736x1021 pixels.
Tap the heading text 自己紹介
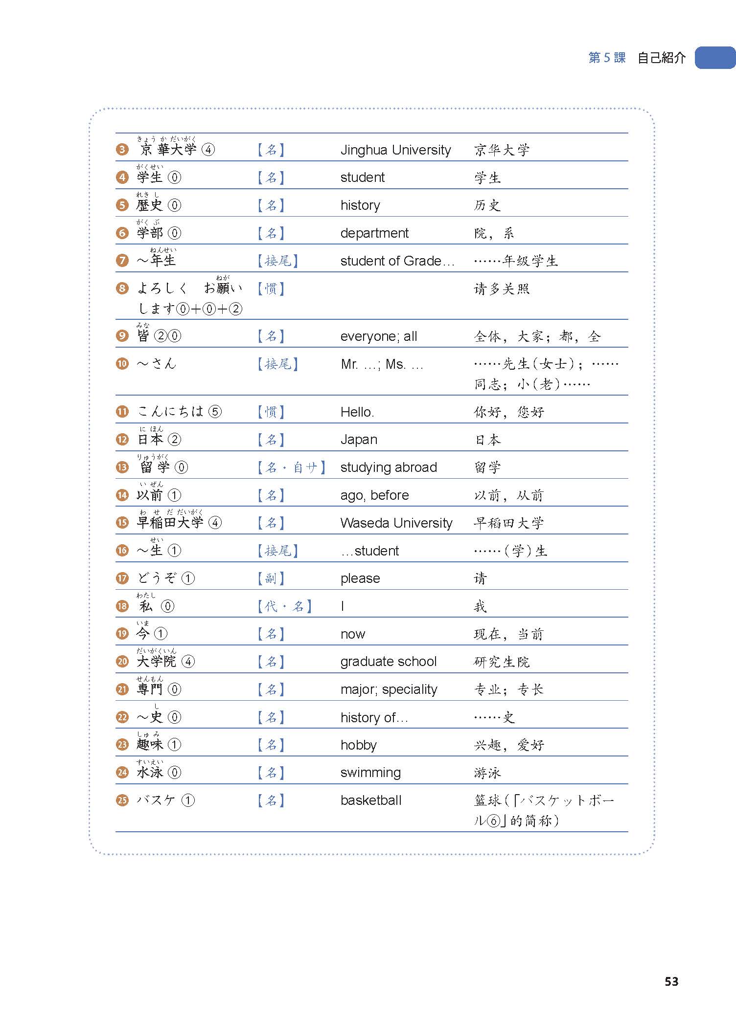(661, 58)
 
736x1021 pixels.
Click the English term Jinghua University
(395, 150)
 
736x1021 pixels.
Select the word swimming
(370, 773)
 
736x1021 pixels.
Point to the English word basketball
(371, 800)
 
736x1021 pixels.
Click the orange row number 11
(122, 412)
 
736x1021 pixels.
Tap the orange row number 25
(122, 800)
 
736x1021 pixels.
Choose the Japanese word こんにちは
(170, 411)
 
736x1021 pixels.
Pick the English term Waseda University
(396, 523)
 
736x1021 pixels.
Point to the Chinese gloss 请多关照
(502, 289)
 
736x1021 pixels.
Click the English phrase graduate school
(389, 662)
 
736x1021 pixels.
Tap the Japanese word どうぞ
(157, 578)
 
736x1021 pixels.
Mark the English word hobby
(359, 745)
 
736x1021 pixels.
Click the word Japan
(359, 440)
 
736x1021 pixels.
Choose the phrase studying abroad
(389, 467)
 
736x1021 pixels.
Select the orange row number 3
(122, 150)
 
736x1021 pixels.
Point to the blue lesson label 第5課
(607, 58)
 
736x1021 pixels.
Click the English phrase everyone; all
(379, 336)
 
